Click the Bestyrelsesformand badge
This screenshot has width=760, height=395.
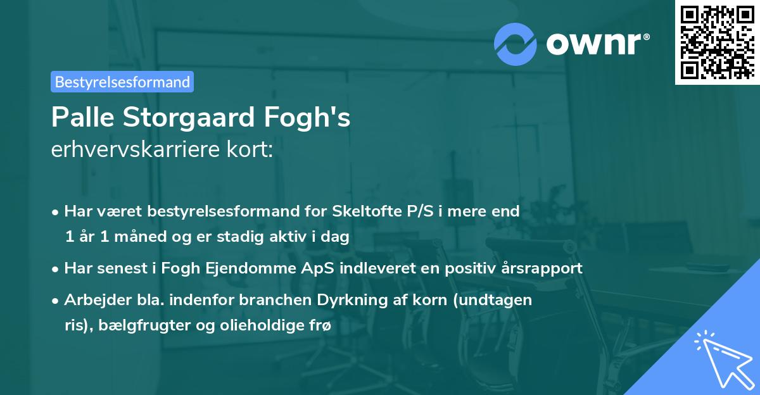tap(122, 82)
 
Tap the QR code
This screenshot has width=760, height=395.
tap(717, 42)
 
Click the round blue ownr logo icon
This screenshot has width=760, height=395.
tap(515, 44)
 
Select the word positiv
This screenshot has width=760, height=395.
tap(471, 268)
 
